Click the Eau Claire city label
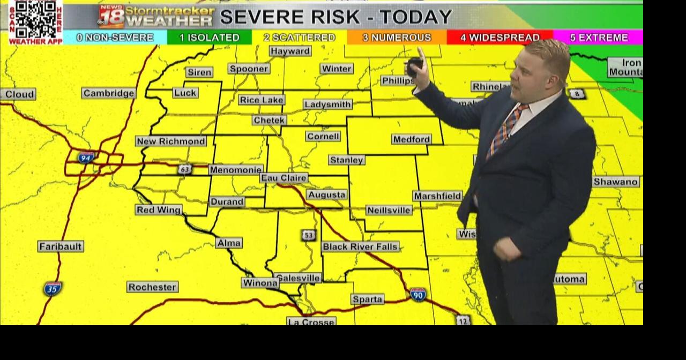pos(284,178)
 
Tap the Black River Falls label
pos(360,246)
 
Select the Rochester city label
pos(152,287)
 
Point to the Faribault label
pos(61,246)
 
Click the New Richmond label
pos(171,141)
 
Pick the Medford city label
pos(412,139)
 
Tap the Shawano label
pos(616,182)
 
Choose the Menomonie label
pos(236,170)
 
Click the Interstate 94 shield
pos(85,157)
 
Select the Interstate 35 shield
pos(53,288)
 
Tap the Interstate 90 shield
pos(418,294)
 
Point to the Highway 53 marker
pos(308,235)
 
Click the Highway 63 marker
pos(185,169)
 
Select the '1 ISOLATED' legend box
pos(209,37)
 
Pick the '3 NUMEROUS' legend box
pos(397,37)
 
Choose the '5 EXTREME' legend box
pos(598,37)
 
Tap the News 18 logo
pos(111,16)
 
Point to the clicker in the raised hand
pos(414,67)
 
